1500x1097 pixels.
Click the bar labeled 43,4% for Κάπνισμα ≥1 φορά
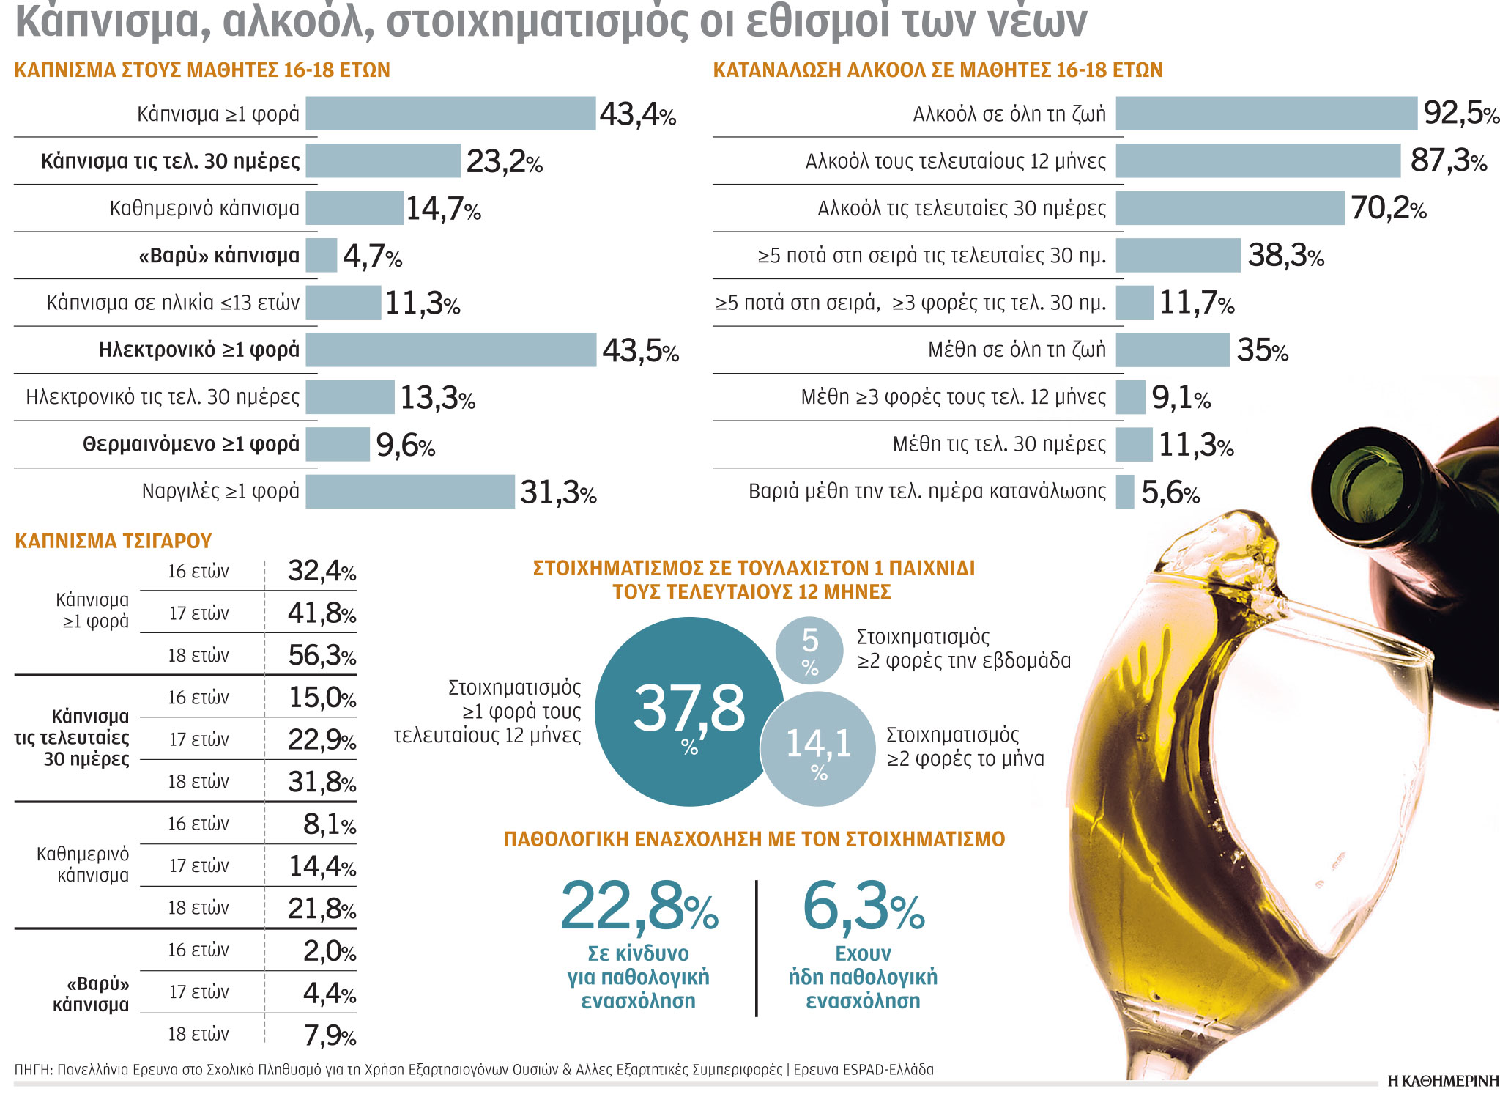(x=450, y=114)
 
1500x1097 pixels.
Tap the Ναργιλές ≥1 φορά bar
(x=410, y=492)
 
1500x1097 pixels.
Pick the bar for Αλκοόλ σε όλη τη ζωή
(x=1266, y=114)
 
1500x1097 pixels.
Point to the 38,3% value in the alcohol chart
(x=1285, y=256)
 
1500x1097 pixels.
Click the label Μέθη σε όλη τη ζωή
(x=1017, y=350)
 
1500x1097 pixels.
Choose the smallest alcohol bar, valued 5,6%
(x=1125, y=492)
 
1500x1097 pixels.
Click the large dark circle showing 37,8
(x=688, y=712)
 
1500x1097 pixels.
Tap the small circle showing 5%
(x=809, y=651)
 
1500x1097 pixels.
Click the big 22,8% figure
(x=639, y=906)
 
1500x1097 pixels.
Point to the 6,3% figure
(x=864, y=906)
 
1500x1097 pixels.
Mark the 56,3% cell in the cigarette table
(x=322, y=655)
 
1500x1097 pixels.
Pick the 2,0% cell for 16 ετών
(x=329, y=950)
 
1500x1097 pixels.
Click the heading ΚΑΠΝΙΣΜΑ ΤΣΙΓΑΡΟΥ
(x=114, y=541)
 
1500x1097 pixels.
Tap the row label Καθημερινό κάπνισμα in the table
(x=83, y=865)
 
